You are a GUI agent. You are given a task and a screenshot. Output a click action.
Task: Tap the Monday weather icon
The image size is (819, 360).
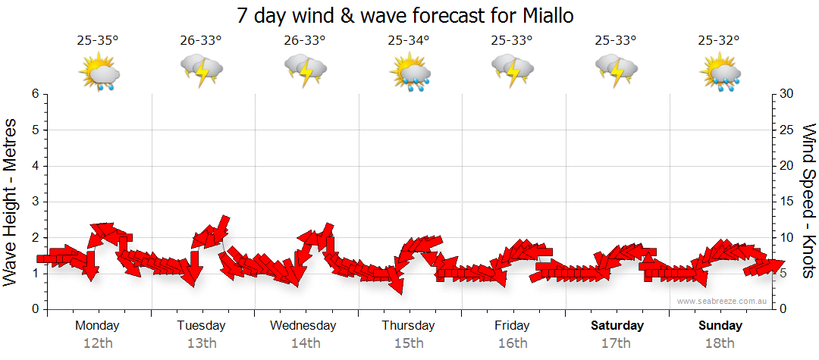click(99, 73)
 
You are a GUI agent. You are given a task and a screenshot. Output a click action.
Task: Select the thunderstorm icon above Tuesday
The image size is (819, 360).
click(202, 72)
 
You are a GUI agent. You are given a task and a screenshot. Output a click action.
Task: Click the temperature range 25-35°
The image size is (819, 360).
click(98, 40)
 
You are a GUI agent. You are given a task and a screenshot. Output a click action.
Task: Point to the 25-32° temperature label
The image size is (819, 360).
click(719, 40)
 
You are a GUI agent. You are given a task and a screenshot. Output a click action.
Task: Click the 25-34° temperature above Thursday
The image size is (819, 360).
click(408, 40)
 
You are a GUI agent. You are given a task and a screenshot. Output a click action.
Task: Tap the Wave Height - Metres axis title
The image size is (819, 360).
click(11, 202)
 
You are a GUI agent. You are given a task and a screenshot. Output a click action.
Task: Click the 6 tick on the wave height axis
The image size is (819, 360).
click(34, 94)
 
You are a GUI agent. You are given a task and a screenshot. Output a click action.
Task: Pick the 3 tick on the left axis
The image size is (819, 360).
click(34, 202)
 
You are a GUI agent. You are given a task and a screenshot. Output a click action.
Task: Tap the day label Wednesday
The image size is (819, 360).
click(303, 326)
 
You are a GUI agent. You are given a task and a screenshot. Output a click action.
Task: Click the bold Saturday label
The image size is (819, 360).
click(617, 326)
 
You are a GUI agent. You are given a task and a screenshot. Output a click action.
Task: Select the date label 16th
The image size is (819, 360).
click(513, 343)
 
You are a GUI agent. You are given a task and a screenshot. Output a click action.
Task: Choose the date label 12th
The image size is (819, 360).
click(98, 343)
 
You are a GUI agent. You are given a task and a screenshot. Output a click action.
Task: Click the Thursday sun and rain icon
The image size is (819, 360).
click(409, 73)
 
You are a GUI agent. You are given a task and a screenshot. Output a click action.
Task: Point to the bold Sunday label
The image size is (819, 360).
click(720, 326)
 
